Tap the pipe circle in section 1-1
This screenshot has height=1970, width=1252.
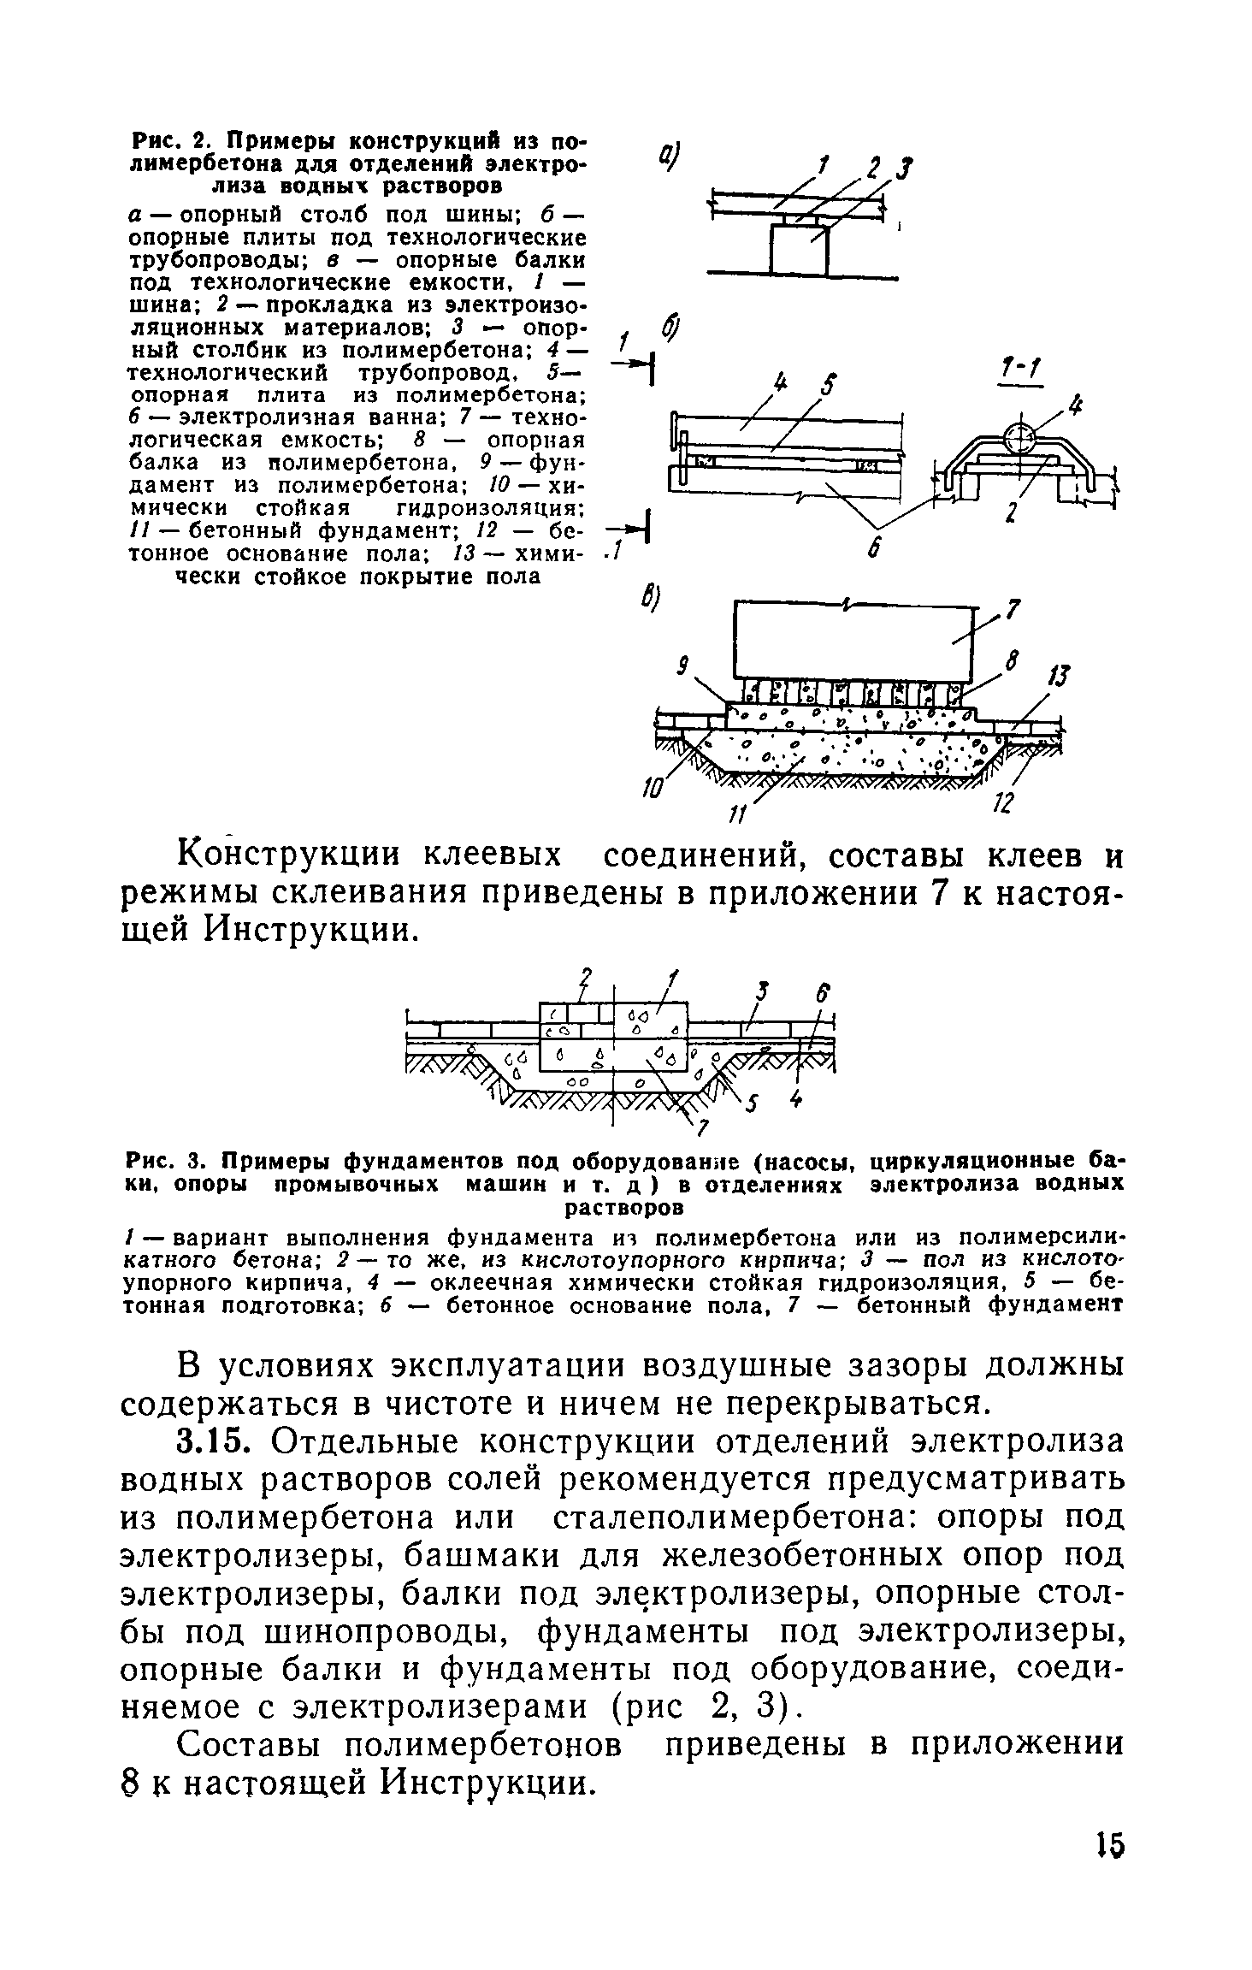pos(1019,439)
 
